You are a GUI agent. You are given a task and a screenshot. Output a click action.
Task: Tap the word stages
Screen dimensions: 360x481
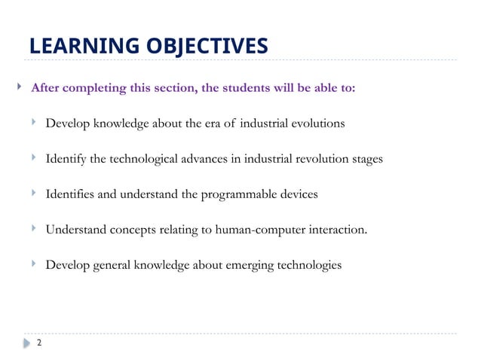[x=366, y=159]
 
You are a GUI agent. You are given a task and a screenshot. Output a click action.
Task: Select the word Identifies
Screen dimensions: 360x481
[x=70, y=194]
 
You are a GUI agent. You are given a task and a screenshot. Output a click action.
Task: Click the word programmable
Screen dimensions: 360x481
[x=236, y=194]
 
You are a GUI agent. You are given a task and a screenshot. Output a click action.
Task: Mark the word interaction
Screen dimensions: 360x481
[x=339, y=230]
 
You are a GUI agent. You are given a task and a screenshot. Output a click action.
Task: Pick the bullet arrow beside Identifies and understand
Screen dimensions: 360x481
[x=35, y=194]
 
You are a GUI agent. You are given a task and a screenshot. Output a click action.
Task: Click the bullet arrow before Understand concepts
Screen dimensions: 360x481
[x=35, y=229]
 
